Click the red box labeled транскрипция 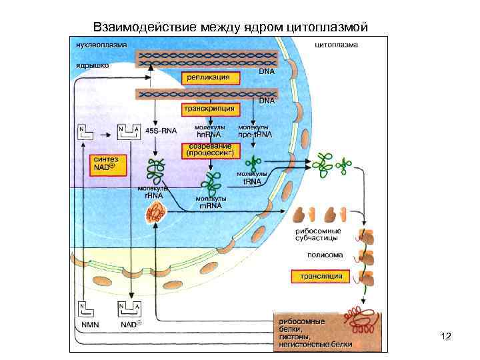tap(210, 107)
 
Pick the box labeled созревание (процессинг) tap(210, 149)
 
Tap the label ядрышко tap(88, 66)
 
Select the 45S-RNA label tap(159, 131)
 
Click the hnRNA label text tap(209, 134)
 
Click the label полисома tap(325, 255)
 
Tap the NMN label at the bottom tap(89, 325)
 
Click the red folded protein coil tap(362, 321)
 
